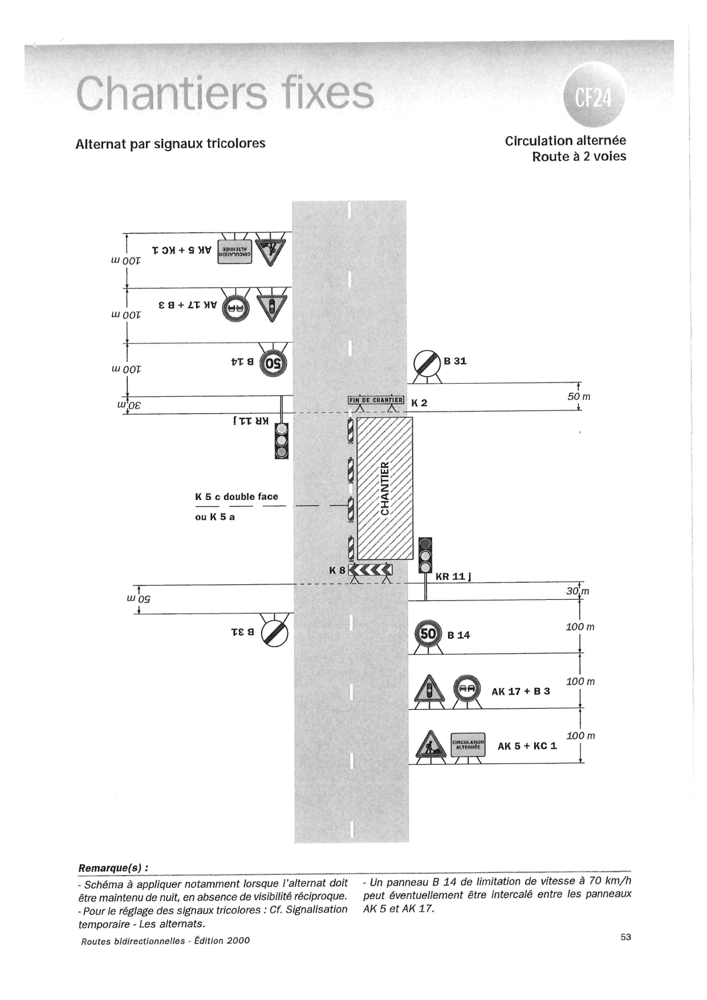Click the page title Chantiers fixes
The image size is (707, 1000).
(x=225, y=94)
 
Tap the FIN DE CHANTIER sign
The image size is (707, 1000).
(x=376, y=400)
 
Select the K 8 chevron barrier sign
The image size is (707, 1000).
(x=371, y=569)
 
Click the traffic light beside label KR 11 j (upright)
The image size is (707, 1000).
(x=425, y=555)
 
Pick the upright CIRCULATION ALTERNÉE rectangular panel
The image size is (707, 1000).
(x=468, y=745)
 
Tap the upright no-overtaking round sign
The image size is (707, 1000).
(x=468, y=689)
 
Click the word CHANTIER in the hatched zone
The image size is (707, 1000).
(x=385, y=488)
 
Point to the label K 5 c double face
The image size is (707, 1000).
(x=237, y=497)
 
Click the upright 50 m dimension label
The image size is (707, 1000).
(x=579, y=396)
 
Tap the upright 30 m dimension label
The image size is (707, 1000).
(x=577, y=591)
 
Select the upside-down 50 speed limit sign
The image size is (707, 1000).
(x=274, y=363)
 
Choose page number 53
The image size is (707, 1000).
(x=625, y=937)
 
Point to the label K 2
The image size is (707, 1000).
(x=419, y=403)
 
